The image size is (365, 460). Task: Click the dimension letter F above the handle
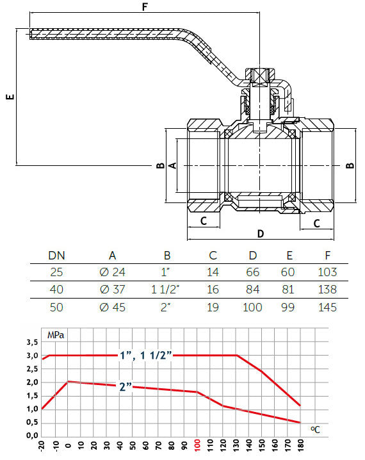[x=145, y=8]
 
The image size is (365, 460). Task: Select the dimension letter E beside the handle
[x=8, y=97]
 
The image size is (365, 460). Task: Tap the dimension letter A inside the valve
[x=172, y=165]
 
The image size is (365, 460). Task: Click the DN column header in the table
[x=56, y=255]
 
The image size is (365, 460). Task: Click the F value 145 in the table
[x=327, y=307]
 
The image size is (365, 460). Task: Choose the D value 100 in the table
[x=253, y=307]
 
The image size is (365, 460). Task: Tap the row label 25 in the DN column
[x=56, y=272]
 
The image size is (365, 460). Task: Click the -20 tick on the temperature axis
[x=42, y=445]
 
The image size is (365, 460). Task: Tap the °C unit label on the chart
[x=315, y=430]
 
